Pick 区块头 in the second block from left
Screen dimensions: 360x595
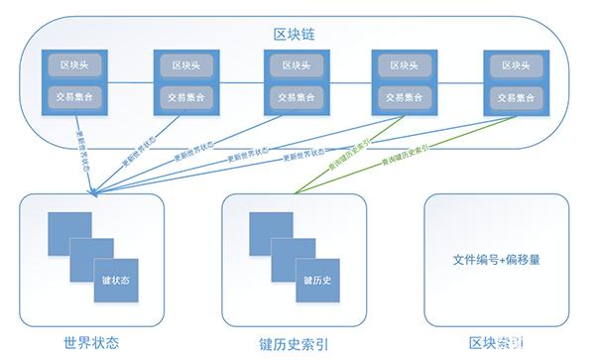coord(183,65)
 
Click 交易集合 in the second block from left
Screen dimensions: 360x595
coord(183,97)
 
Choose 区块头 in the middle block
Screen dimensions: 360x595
coord(295,65)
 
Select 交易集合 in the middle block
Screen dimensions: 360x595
coord(295,97)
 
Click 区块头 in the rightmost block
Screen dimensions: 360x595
coord(515,65)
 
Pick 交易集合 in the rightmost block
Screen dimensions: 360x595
coord(515,97)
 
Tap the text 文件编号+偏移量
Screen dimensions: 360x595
coord(496,260)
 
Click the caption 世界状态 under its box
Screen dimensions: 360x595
coord(91,343)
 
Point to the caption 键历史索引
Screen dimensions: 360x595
coord(297,343)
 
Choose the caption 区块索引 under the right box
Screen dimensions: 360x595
coord(496,343)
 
